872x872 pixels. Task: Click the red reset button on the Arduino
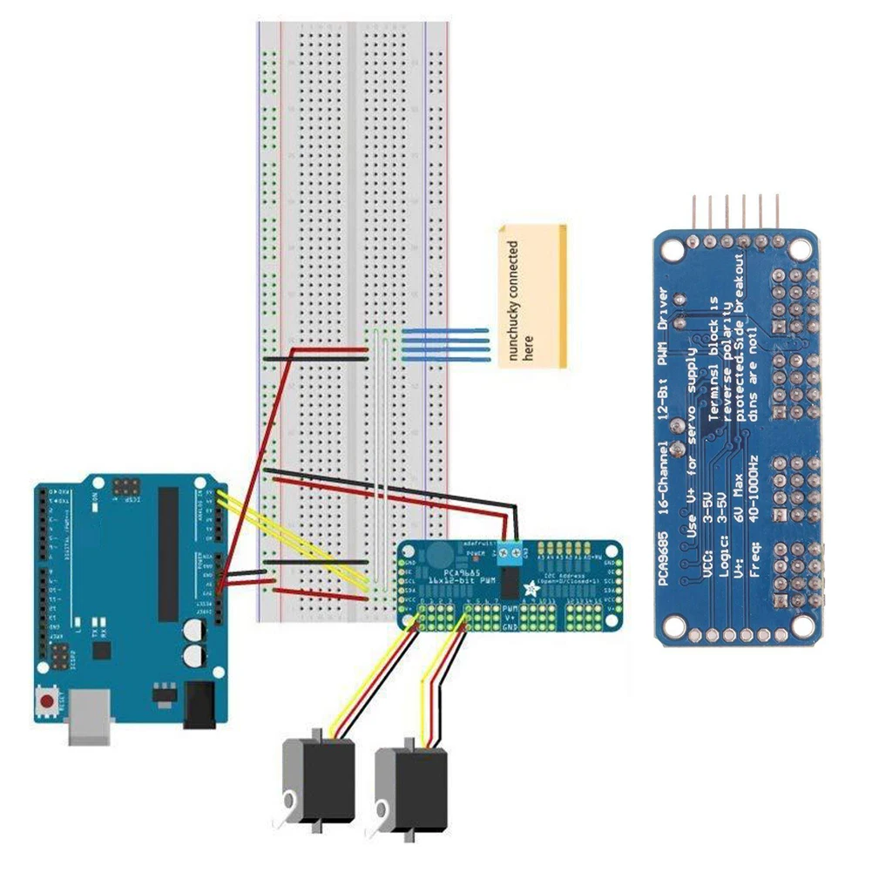(50, 700)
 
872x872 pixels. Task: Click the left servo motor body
(320, 781)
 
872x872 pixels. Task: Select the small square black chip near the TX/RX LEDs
(102, 650)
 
